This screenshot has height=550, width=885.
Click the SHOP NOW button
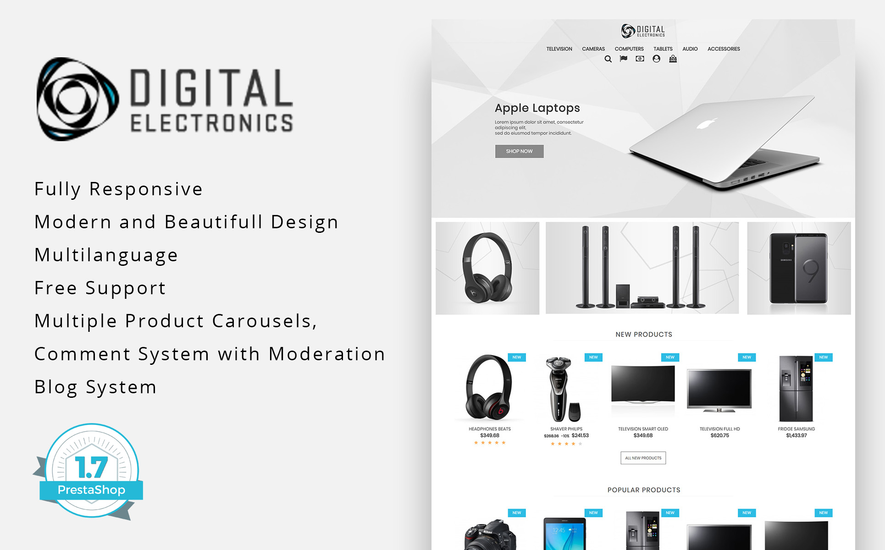pos(519,151)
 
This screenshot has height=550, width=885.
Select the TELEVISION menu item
pos(559,49)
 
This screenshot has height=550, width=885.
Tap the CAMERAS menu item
pos(593,49)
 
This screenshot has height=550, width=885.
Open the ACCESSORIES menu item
pos(724,49)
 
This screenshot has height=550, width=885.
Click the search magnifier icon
pos(608,59)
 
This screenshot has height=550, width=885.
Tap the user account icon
pos(657,59)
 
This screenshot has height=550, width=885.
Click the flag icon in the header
pos(624,59)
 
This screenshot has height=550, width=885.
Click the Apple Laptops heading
pos(537,108)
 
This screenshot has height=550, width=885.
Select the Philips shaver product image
pos(562,389)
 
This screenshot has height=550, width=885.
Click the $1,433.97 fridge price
pos(796,435)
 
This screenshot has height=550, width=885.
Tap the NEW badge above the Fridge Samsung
pos(824,357)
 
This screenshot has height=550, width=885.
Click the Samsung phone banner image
pos(799,268)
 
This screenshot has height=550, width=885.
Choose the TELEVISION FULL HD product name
pos(720,429)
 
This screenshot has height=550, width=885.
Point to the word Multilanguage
pos(106,255)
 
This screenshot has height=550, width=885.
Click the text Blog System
pos(96,387)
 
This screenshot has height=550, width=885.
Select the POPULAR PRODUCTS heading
pos(644,490)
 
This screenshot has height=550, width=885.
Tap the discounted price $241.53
pos(580,435)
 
